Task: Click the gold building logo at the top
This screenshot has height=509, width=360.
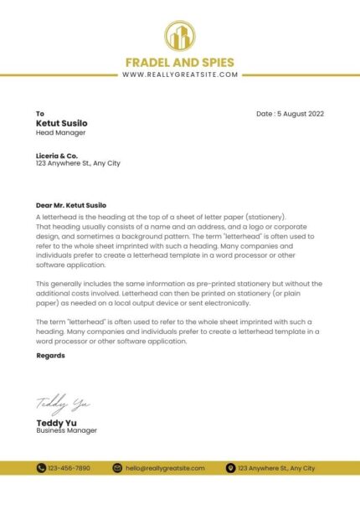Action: tap(179, 37)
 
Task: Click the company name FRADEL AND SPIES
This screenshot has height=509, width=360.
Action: tap(179, 62)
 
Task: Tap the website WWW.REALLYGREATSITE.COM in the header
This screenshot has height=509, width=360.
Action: tap(179, 75)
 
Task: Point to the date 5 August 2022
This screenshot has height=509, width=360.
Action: tap(290, 114)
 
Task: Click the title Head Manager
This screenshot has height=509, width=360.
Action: tap(60, 132)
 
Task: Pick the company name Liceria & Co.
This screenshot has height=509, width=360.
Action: tap(57, 155)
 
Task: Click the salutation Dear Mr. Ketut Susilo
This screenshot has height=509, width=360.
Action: tap(71, 204)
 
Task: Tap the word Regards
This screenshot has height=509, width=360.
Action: tap(50, 356)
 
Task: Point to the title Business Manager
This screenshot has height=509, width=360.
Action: tap(66, 430)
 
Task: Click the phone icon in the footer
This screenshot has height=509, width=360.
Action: tap(41, 468)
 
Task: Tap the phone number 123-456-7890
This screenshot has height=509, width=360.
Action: tap(69, 468)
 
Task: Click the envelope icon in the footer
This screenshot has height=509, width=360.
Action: tap(117, 468)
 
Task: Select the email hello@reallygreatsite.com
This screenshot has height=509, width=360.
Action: tap(165, 468)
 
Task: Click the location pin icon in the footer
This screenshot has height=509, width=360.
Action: tap(230, 468)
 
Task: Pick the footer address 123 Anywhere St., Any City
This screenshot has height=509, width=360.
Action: tap(276, 468)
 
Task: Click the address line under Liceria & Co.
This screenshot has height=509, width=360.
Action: tap(78, 163)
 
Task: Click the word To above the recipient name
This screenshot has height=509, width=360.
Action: tap(39, 114)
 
